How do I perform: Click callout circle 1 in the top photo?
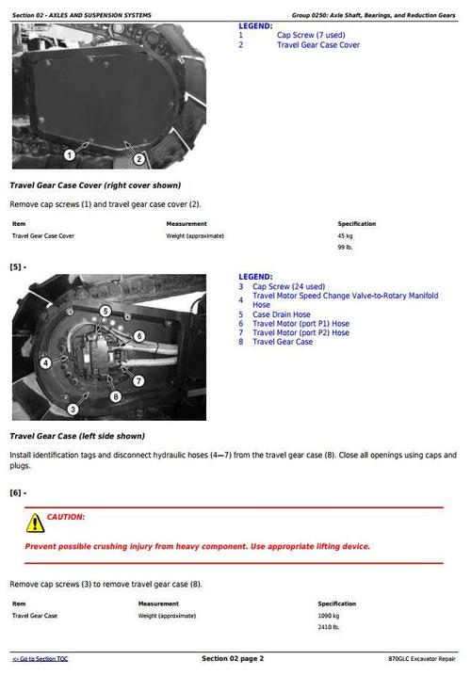(x=69, y=153)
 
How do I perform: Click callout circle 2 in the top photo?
(x=138, y=159)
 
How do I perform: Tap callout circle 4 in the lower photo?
(x=44, y=362)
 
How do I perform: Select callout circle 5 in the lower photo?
(x=105, y=311)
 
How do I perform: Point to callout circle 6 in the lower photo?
(x=138, y=336)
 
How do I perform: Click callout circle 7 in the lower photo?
(x=138, y=380)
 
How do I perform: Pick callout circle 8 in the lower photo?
(x=115, y=396)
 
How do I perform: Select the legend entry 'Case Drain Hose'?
(x=281, y=314)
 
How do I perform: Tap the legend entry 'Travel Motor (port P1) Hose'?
(x=300, y=323)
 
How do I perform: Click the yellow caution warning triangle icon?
(x=35, y=522)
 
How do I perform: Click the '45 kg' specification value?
(x=346, y=235)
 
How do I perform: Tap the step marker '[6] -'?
(x=18, y=493)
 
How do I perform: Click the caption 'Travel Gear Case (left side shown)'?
(x=77, y=437)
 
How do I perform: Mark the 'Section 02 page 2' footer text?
(x=233, y=658)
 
